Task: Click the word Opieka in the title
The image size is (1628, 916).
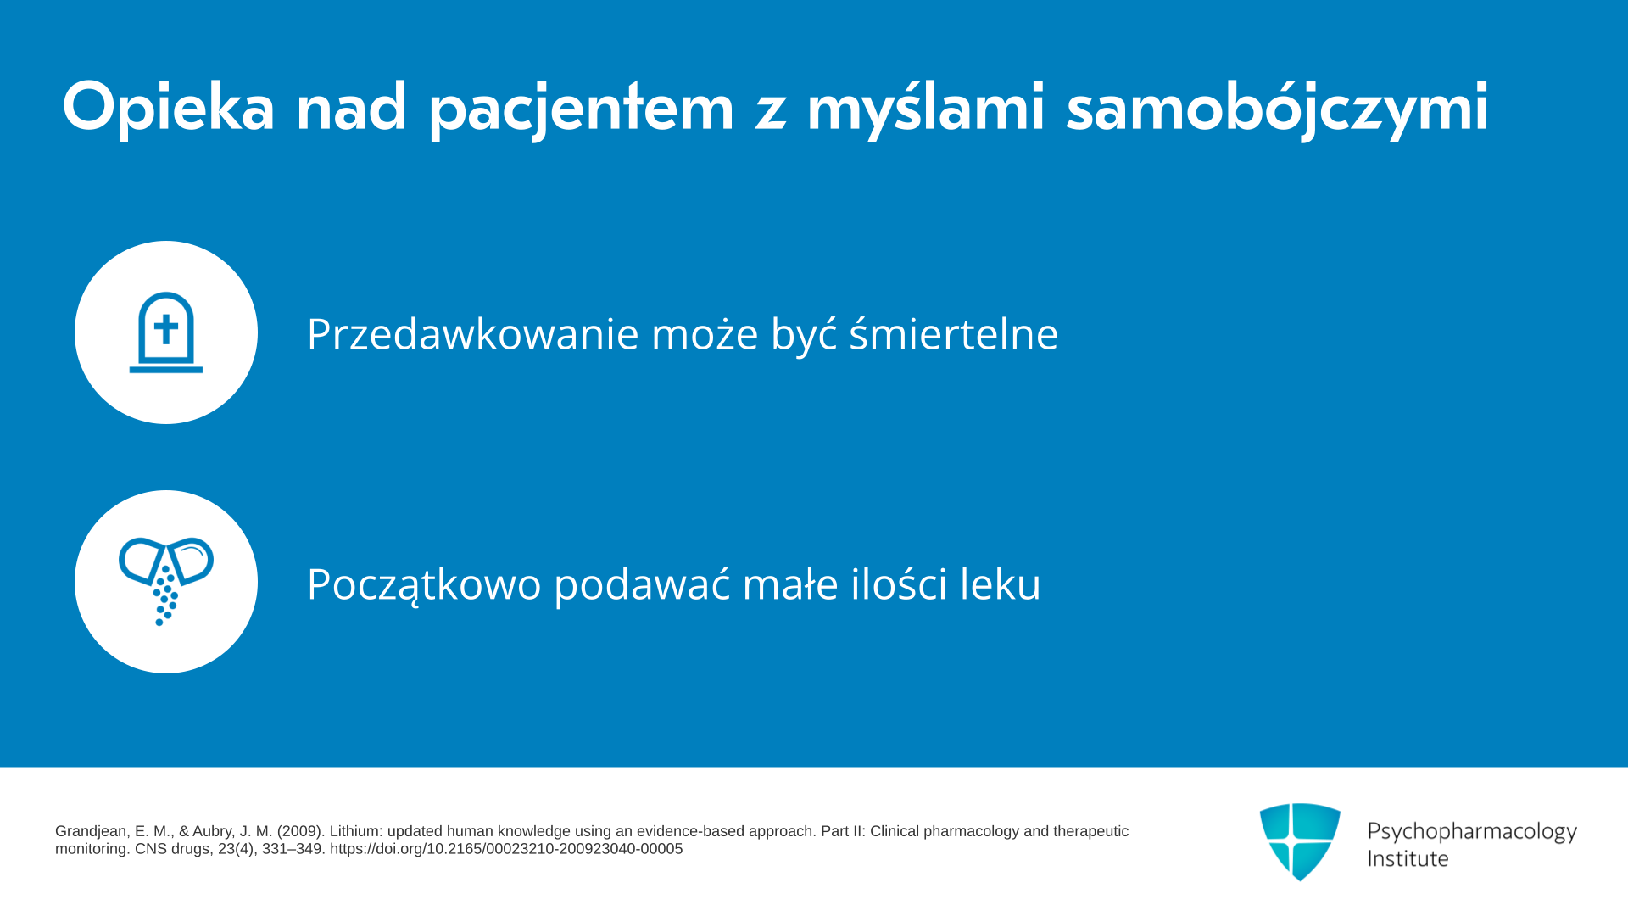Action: pyautogui.click(x=168, y=108)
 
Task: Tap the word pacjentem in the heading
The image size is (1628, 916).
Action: pyautogui.click(x=582, y=108)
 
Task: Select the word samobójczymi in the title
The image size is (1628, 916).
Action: pyautogui.click(x=1277, y=108)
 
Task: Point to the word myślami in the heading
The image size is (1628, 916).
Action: pyautogui.click(x=925, y=108)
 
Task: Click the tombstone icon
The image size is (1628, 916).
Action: pyautogui.click(x=166, y=332)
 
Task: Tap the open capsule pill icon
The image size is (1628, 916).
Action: pyautogui.click(x=166, y=581)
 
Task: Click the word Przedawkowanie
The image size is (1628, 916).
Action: pyautogui.click(x=473, y=333)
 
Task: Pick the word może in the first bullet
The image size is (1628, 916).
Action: pyautogui.click(x=705, y=333)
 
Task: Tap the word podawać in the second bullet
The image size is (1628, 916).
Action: pyautogui.click(x=642, y=583)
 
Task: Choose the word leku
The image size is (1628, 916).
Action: pyautogui.click(x=1000, y=583)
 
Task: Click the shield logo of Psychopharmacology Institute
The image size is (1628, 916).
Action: pyautogui.click(x=1300, y=841)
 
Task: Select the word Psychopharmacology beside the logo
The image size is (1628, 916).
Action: pyautogui.click(x=1472, y=831)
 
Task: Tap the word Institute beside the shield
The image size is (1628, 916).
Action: pyautogui.click(x=1408, y=858)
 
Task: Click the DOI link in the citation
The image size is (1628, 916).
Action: pyautogui.click(x=506, y=849)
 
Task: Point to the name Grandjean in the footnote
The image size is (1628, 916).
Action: pyautogui.click(x=92, y=832)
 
